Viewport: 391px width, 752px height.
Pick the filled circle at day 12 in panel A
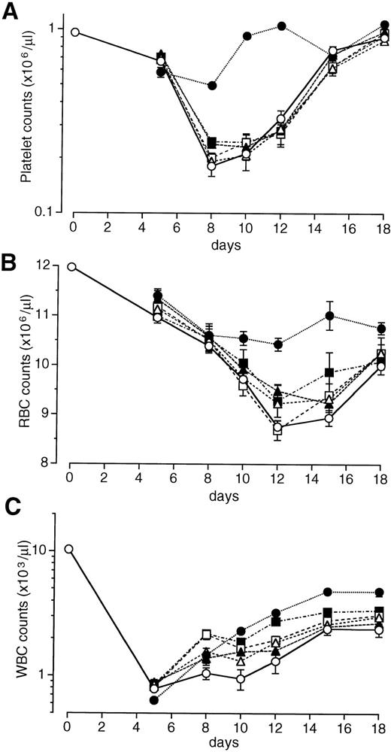pos(281,26)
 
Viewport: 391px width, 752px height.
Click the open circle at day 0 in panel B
pos(71,266)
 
